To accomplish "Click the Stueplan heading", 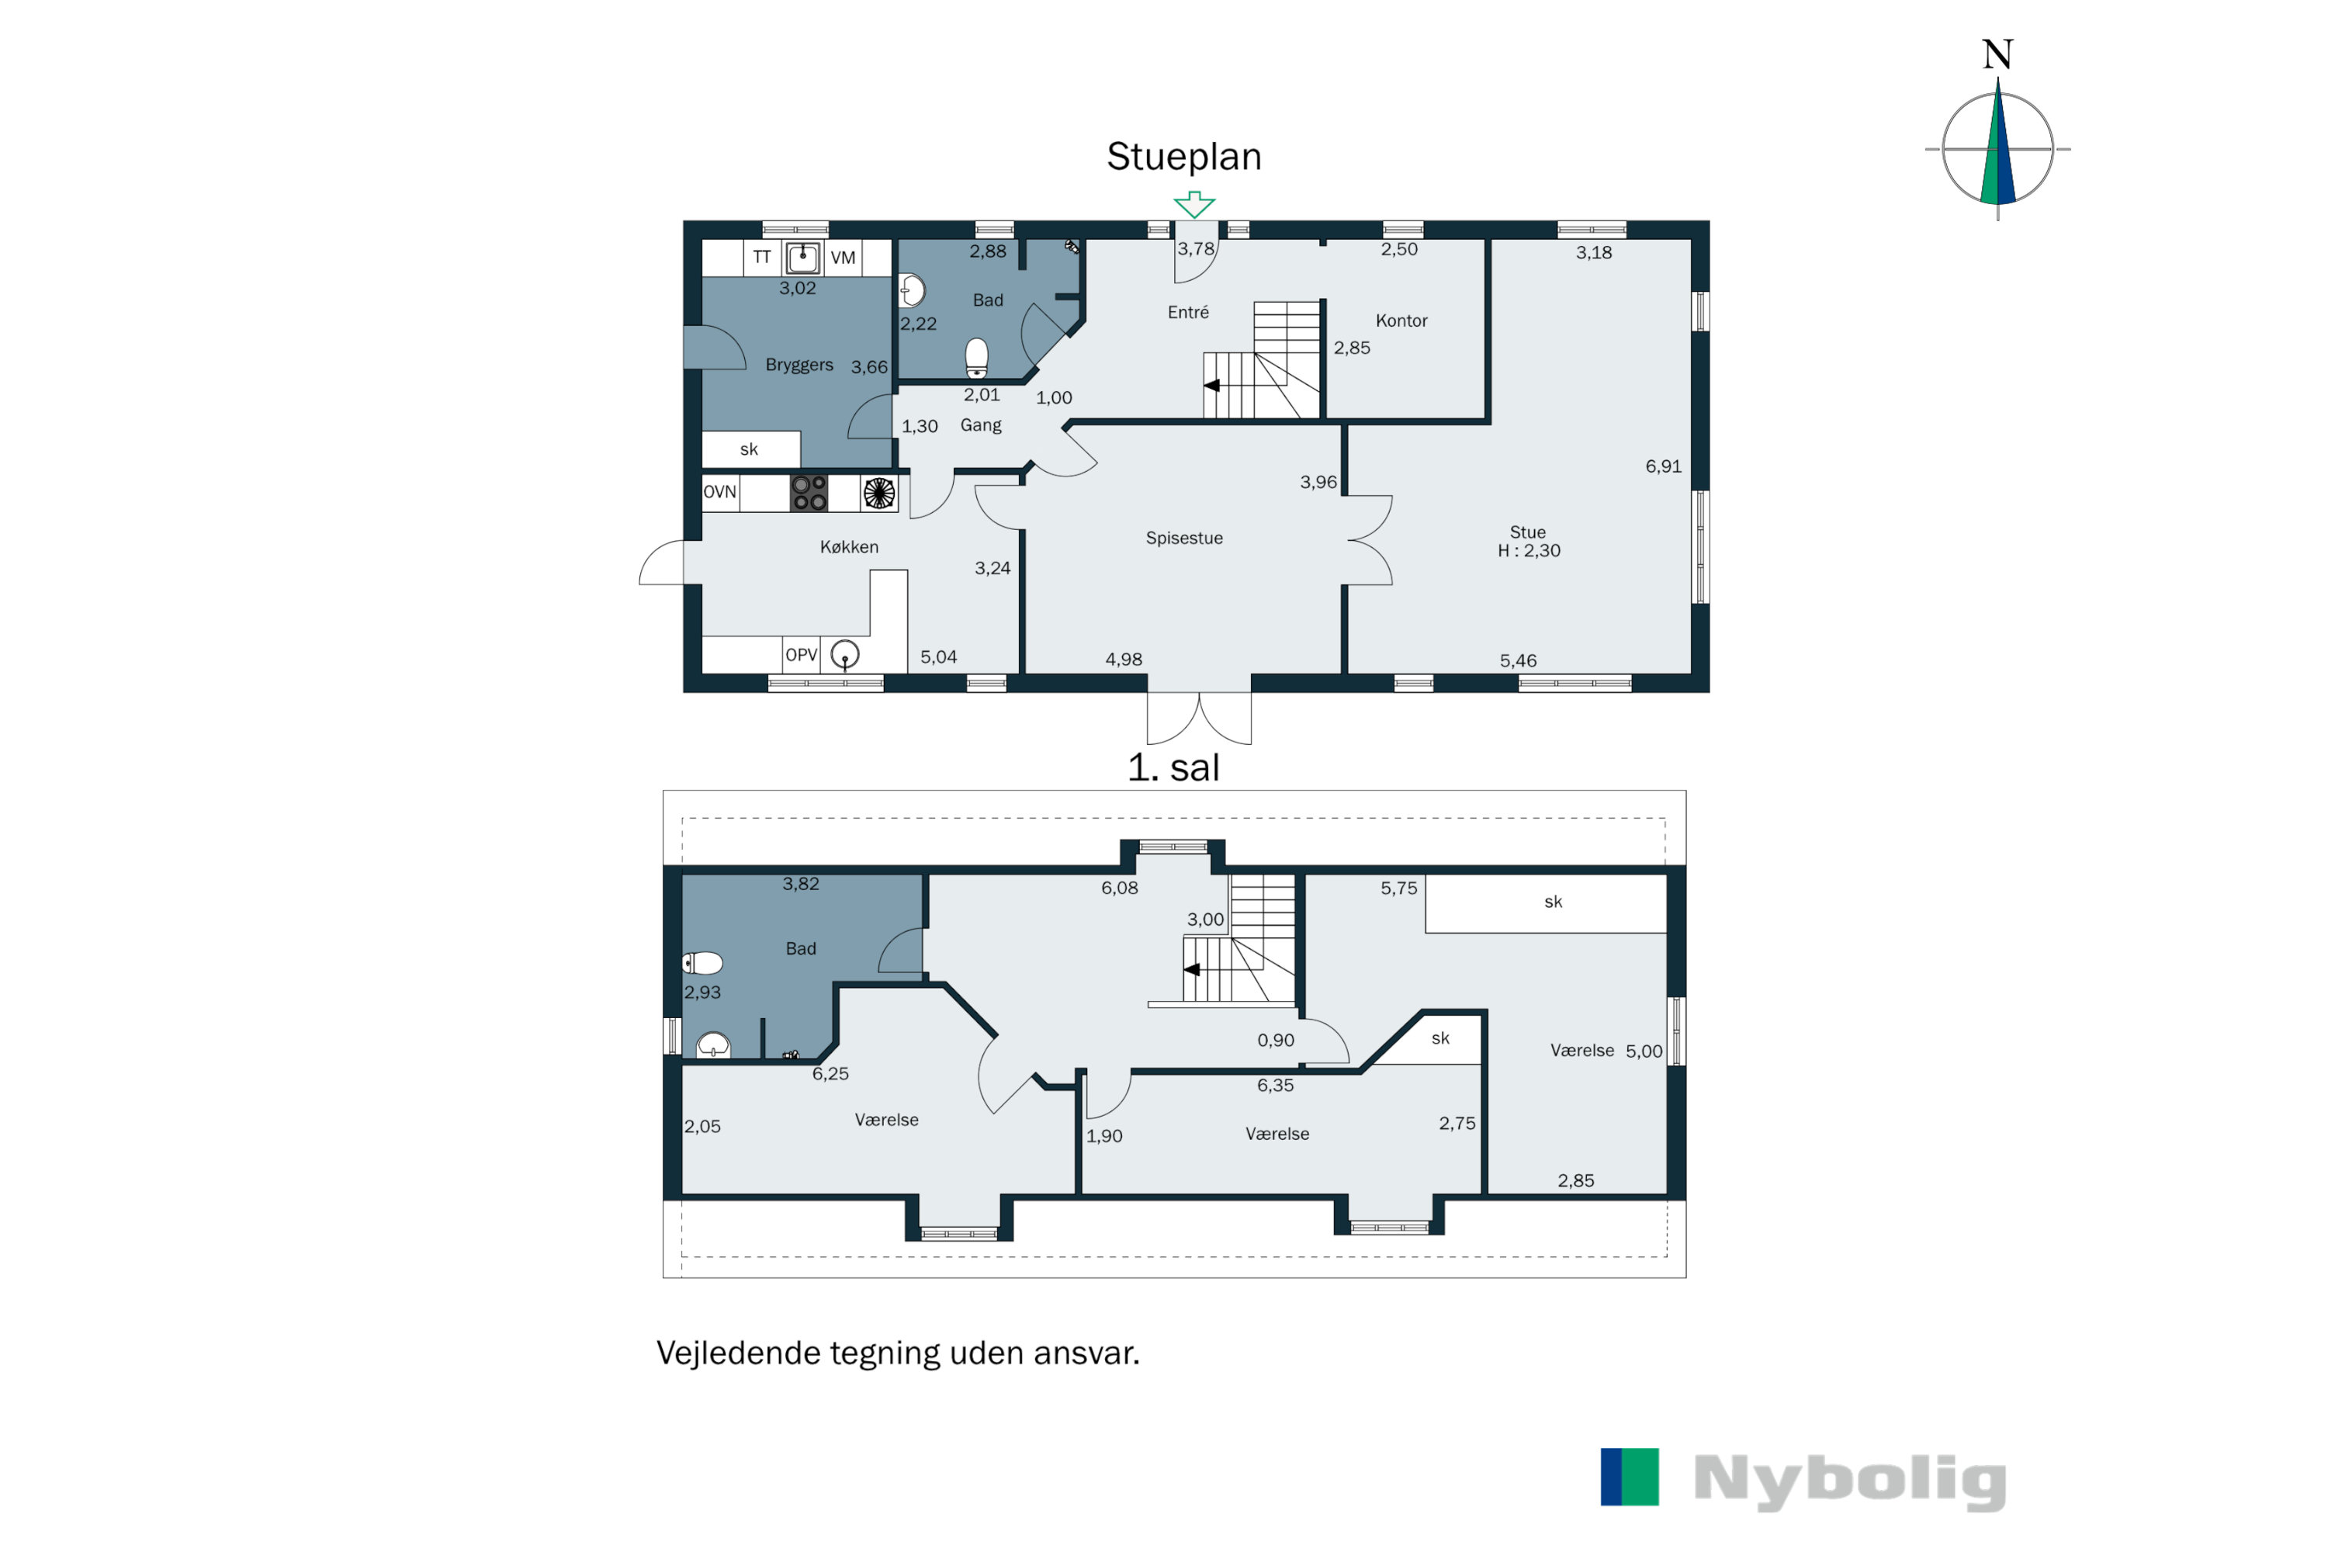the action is pos(1184,158).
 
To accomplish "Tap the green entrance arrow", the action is pos(1195,204).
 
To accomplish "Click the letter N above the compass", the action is pos(1997,54).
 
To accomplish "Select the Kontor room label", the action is pos(1401,320).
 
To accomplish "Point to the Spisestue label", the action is pos(1184,539).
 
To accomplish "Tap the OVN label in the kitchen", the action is pos(719,492).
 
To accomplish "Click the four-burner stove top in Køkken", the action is pos(809,493).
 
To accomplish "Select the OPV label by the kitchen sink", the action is pos(801,655).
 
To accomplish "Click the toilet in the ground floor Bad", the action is pos(977,359).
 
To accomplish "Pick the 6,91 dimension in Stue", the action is pos(1663,466).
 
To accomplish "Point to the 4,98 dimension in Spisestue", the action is pos(1124,659).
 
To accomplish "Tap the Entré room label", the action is pos(1188,313).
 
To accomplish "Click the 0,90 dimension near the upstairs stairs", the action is pos(1275,1041).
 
